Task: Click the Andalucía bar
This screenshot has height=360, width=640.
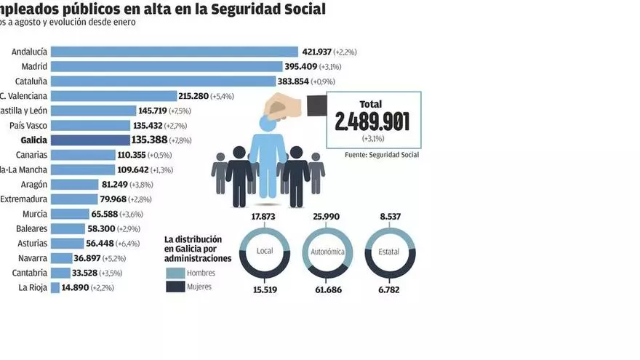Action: pyautogui.click(x=175, y=52)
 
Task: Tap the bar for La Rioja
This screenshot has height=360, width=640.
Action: pyautogui.click(x=55, y=287)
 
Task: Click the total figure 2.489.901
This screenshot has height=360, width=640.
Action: pyautogui.click(x=372, y=121)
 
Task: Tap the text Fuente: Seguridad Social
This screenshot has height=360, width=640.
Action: pyautogui.click(x=382, y=155)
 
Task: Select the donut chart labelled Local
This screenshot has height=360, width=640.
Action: pyautogui.click(x=264, y=252)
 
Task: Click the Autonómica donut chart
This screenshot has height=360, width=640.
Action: pyautogui.click(x=327, y=252)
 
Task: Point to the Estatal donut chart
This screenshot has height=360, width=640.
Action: pyautogui.click(x=389, y=252)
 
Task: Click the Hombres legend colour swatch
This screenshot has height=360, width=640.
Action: pyautogui.click(x=175, y=273)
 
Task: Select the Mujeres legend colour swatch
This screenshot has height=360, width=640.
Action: pyautogui.click(x=175, y=287)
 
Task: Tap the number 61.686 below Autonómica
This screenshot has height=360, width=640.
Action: pyautogui.click(x=327, y=289)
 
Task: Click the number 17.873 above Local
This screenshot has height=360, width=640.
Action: pyautogui.click(x=264, y=216)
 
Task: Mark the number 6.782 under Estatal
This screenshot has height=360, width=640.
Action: pyautogui.click(x=389, y=289)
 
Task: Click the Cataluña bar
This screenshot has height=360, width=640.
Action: pyautogui.click(x=164, y=81)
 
